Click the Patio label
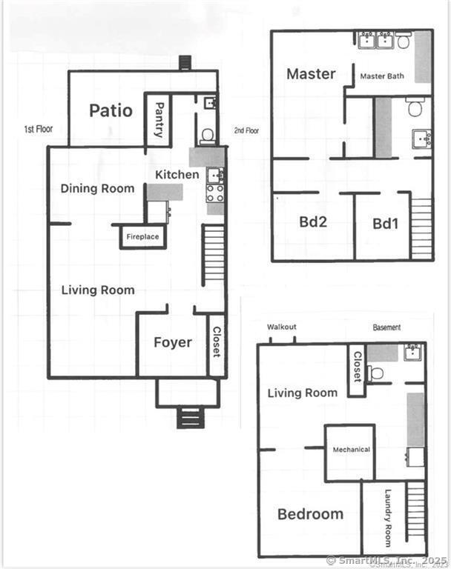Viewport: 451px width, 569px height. (111, 110)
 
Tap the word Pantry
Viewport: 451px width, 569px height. (159, 120)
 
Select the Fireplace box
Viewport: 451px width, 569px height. (143, 236)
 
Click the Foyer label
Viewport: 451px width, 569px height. (173, 342)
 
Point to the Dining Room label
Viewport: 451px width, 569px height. (97, 188)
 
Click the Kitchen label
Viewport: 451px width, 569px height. (177, 175)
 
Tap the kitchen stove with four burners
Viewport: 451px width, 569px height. (215, 193)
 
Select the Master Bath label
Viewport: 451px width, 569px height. (382, 76)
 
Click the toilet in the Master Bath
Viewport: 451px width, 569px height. (403, 40)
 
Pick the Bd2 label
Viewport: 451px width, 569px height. (313, 222)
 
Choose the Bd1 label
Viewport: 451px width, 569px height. (386, 224)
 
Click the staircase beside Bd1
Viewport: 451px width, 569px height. (421, 228)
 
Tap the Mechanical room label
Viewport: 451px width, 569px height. (352, 450)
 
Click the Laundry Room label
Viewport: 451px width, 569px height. (388, 518)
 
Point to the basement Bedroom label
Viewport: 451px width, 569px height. (310, 514)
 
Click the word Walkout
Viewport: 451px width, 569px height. (282, 327)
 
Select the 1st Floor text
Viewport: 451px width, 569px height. (39, 129)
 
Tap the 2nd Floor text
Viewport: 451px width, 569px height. (246, 130)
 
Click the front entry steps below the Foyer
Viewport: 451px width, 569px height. (188, 417)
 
